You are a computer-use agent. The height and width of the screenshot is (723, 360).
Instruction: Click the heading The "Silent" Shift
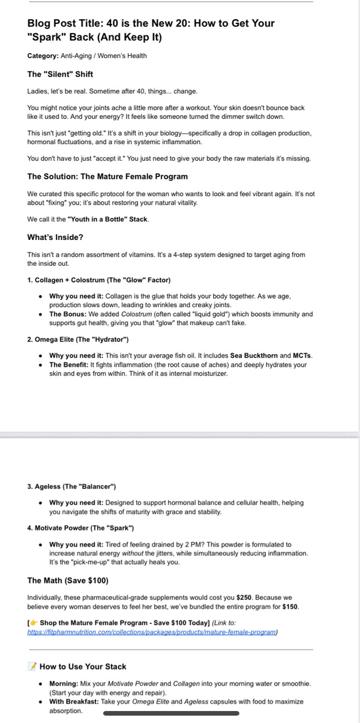60,74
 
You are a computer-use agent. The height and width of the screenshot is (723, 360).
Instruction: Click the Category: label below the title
43,56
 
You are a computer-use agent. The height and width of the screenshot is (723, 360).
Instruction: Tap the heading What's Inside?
55,237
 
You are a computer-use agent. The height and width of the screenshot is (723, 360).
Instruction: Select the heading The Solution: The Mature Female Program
107,176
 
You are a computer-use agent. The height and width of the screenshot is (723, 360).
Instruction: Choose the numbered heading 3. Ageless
71,486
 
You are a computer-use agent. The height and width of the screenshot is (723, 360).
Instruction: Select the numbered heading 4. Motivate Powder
80,528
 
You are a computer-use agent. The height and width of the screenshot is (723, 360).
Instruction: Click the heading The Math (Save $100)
68,580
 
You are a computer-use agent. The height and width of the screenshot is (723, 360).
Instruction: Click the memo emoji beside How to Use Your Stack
32,666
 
